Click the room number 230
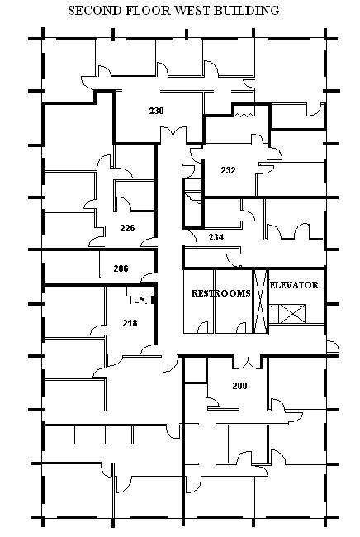156,111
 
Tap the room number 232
228,170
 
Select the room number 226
127,228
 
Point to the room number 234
216,236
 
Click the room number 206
121,268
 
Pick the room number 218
130,322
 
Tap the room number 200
239,386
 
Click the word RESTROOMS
220,293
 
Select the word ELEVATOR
294,285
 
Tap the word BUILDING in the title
246,11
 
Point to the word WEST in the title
193,11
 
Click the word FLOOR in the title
149,11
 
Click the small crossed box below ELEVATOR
291,314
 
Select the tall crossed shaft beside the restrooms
260,302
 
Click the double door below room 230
174,135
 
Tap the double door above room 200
248,363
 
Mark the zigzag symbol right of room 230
244,115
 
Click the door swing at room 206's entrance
149,278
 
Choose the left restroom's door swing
202,327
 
